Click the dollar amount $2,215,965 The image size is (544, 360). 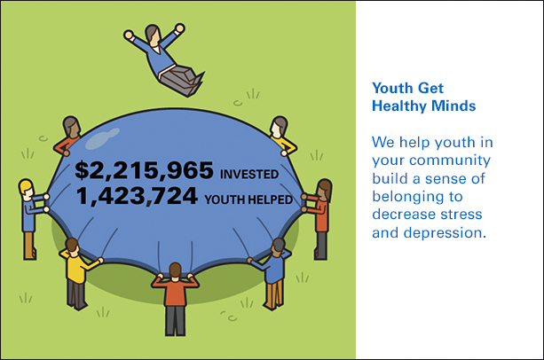144,170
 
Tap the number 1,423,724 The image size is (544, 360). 137,197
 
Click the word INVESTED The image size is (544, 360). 249,174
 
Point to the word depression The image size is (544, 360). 445,232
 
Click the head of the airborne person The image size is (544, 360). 153,35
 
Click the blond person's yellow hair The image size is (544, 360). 26,186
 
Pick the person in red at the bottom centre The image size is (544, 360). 175,299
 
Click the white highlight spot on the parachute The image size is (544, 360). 102,138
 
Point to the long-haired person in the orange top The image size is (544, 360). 319,219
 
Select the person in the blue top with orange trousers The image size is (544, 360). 273,274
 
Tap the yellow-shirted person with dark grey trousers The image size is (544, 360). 78,274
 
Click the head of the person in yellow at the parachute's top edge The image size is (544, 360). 280,127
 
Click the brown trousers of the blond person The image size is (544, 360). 30,246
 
